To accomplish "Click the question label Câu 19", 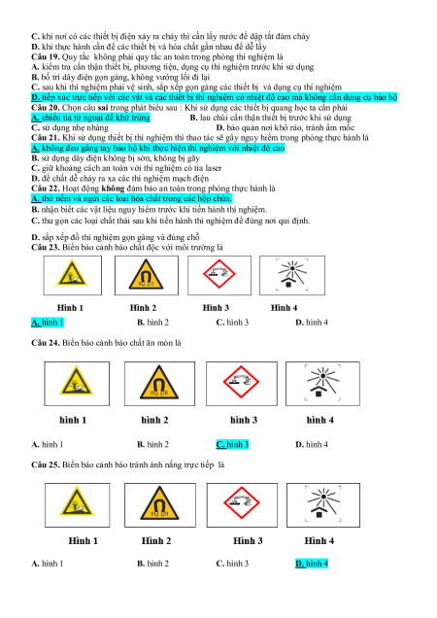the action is (x=46, y=56).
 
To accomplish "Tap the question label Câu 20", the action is (x=46, y=108).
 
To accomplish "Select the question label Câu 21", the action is (x=46, y=138).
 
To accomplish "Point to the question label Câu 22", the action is (x=46, y=189).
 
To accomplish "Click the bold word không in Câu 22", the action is (x=113, y=189).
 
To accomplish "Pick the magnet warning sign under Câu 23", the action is (x=146, y=275).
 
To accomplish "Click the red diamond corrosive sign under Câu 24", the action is (x=241, y=382).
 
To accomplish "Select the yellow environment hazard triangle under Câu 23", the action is (x=72, y=273).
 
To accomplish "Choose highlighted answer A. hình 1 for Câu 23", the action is (x=48, y=323).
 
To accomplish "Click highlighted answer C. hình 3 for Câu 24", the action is (x=232, y=445).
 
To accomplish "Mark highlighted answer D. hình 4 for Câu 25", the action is (x=312, y=564).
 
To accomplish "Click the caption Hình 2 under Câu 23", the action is (x=143, y=308).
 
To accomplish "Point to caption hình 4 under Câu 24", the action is (x=319, y=420).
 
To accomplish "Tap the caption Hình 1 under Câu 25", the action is (x=84, y=540).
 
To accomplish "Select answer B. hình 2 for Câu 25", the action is (x=152, y=564).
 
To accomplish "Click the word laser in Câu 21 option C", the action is (x=214, y=168).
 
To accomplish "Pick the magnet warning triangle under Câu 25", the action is (x=159, y=503).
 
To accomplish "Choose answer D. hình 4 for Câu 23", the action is (x=312, y=323).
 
